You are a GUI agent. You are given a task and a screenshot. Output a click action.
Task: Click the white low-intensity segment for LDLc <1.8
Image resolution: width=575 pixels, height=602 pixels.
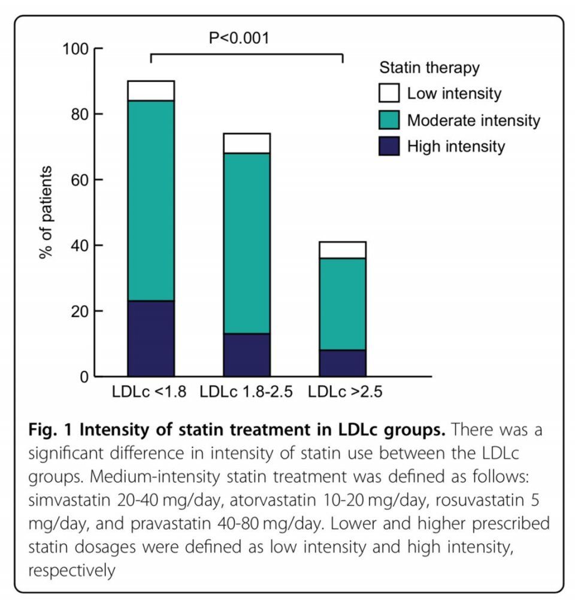coord(150,90)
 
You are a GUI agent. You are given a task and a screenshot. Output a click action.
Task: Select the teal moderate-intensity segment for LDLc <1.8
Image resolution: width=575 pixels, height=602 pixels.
coord(150,200)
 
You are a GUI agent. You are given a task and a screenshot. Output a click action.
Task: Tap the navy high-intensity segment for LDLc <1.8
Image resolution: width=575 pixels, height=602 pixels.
coord(150,338)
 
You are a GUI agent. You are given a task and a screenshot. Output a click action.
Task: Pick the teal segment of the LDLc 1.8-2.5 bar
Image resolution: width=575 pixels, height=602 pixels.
coord(246,243)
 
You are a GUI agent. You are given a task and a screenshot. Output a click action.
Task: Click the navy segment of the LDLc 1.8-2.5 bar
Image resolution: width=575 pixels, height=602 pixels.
coord(246,355)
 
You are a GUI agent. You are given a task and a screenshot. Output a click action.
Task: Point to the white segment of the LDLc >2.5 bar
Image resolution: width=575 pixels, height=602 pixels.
coord(342,250)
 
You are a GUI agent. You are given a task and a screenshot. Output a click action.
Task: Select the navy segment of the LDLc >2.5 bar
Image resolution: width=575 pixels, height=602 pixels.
coord(342,363)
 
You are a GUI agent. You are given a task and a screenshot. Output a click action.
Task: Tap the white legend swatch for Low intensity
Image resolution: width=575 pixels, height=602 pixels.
coord(389,94)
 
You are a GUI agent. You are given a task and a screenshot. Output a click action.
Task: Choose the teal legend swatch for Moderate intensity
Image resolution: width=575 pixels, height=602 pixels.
coord(389,120)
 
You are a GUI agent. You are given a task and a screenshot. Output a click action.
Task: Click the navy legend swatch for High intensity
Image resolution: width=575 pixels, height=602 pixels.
coord(389,147)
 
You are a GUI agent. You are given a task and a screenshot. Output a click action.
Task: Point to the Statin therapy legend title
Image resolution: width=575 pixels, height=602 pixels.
coord(429,68)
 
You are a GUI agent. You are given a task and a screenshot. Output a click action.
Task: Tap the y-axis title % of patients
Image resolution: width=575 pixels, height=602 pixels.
coord(46,212)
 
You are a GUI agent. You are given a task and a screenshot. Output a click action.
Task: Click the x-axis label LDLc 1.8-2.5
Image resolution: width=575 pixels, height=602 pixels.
coord(246,393)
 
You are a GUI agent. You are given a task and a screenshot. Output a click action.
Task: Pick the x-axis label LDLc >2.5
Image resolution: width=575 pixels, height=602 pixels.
coord(345,393)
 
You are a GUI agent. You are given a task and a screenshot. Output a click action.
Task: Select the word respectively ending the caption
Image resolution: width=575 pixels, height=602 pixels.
coord(71,570)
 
